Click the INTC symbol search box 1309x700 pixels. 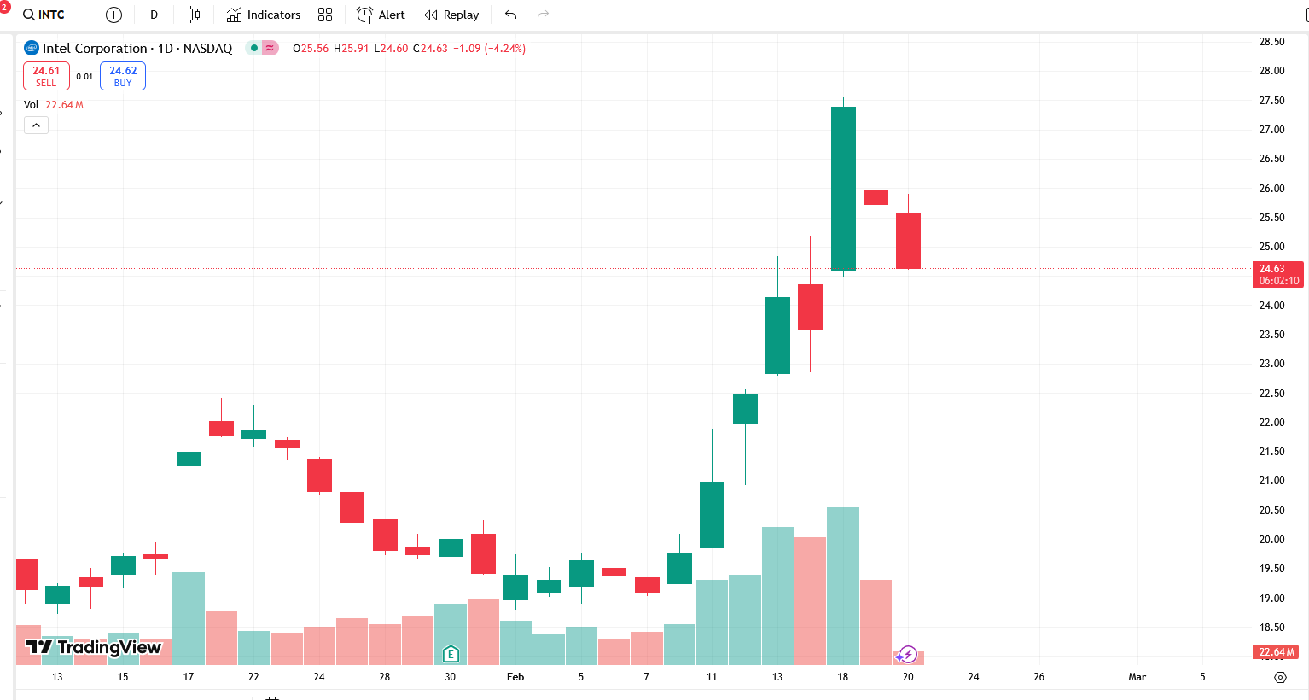44,15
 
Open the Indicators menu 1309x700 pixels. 264,15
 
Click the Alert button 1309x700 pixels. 381,15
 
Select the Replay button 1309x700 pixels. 451,15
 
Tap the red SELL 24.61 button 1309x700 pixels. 46,76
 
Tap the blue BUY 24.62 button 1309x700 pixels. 123,76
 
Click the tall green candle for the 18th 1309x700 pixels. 843,188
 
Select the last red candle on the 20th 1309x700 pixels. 908,241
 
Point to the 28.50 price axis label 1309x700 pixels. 1271,42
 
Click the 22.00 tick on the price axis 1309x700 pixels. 1271,423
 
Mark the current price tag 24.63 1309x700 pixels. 1277,274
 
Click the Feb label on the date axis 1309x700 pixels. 515,677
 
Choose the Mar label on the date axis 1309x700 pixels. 1137,677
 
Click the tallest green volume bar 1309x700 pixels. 843,586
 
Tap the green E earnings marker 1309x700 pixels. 451,654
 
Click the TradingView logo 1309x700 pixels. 94,647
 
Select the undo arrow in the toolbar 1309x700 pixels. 510,15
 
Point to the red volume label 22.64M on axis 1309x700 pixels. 1277,652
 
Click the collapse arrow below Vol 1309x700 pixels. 36,125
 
